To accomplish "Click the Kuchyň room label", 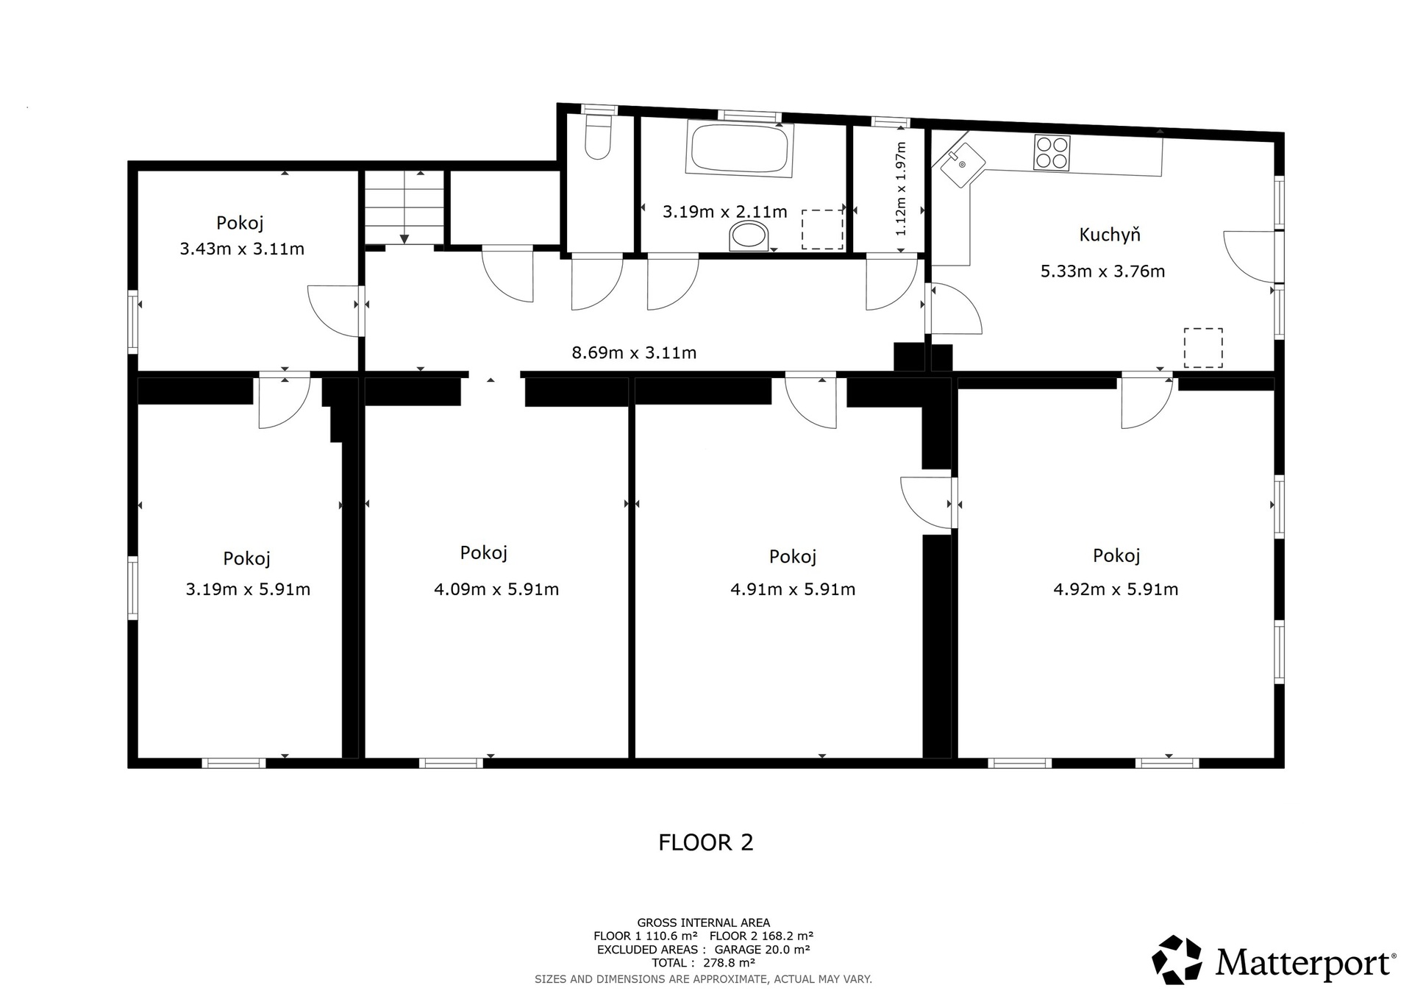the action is point(1110,235).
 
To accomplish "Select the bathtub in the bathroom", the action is point(739,149).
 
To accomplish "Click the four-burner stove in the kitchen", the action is point(1052,153).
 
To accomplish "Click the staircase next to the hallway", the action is point(404,207).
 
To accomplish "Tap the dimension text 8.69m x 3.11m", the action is point(634,353).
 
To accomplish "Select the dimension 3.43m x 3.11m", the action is point(242,249).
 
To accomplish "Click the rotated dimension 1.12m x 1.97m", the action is point(901,189).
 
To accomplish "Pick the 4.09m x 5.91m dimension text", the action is point(496,589).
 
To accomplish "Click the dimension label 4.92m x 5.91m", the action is point(1116,589).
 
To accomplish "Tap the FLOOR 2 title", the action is point(706,842).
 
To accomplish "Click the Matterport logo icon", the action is point(1177,959).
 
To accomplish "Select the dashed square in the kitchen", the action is point(1203,348).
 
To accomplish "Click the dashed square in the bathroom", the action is point(822,230).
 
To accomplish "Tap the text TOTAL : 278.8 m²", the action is point(703,963).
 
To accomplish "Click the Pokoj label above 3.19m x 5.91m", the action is point(247,559).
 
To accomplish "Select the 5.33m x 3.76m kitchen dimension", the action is point(1102,271).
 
